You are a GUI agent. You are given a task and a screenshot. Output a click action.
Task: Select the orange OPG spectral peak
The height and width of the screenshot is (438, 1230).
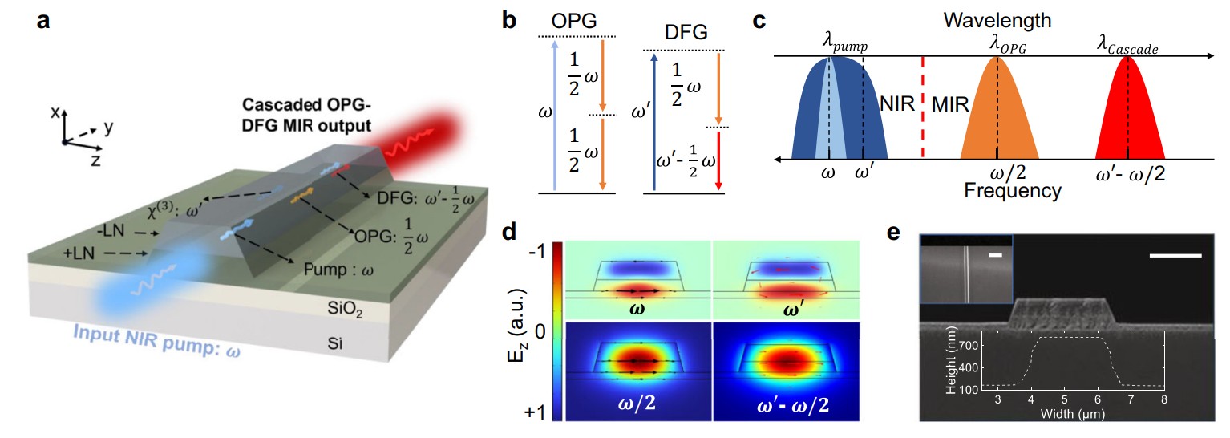click(997, 116)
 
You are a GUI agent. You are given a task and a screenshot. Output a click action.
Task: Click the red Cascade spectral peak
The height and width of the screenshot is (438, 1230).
click(1128, 116)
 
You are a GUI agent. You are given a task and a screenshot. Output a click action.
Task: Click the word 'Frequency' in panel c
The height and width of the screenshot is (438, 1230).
click(1014, 191)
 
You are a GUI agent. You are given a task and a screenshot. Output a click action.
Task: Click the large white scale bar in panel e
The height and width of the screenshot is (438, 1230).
click(1175, 256)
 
